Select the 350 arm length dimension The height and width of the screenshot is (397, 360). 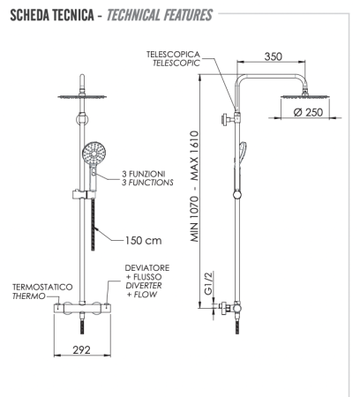click(x=271, y=56)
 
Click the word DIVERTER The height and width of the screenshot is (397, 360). click(x=141, y=286)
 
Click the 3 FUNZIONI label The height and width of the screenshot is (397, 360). click(x=144, y=174)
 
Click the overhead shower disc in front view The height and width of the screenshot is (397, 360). click(x=81, y=97)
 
